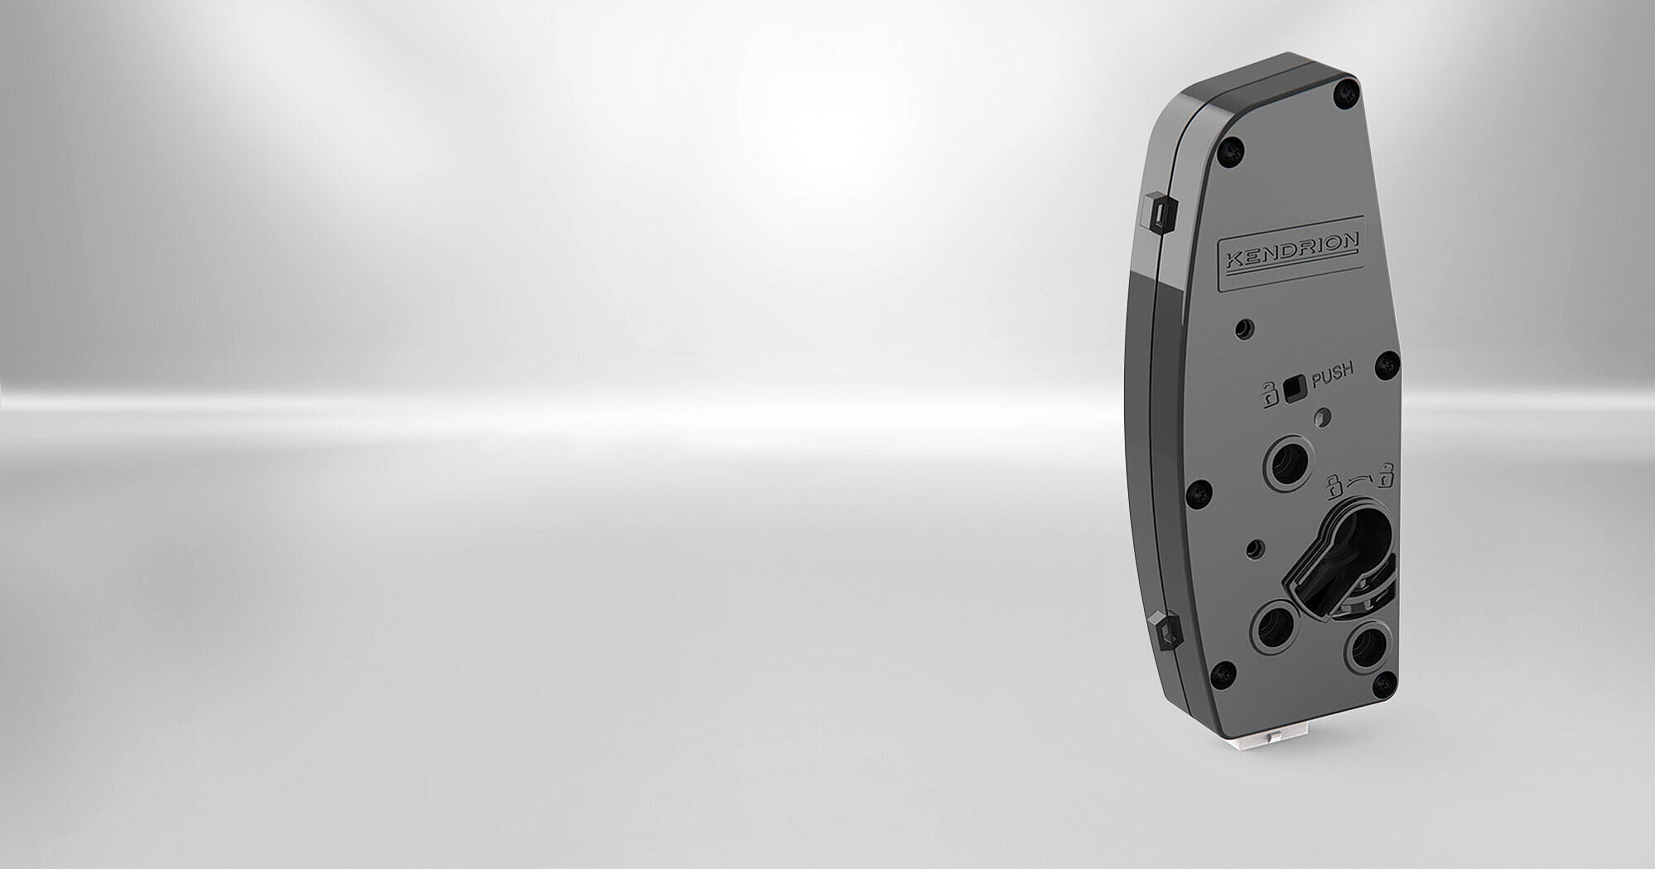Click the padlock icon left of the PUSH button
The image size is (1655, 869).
coord(1268,394)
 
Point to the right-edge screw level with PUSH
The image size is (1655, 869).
coord(1387,364)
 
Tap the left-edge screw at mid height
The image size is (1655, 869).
coord(1199,494)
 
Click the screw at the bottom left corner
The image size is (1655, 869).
coord(1223,674)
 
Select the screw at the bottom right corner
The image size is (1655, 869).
coord(1383,684)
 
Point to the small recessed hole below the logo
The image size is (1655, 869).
coord(1243,329)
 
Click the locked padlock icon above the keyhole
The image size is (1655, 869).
coord(1334,485)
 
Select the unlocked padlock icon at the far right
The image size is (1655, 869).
coord(1385,476)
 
